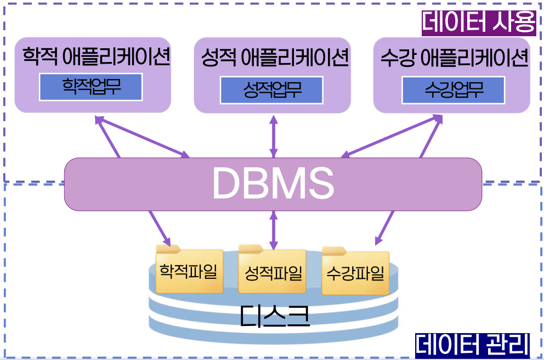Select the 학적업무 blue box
tap(91, 88)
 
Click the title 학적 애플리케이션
tap(95, 57)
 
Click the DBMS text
tap(273, 183)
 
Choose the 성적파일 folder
tap(273, 273)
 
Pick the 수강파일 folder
tap(355, 273)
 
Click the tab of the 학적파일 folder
tap(167, 249)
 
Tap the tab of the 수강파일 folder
tap(334, 251)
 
